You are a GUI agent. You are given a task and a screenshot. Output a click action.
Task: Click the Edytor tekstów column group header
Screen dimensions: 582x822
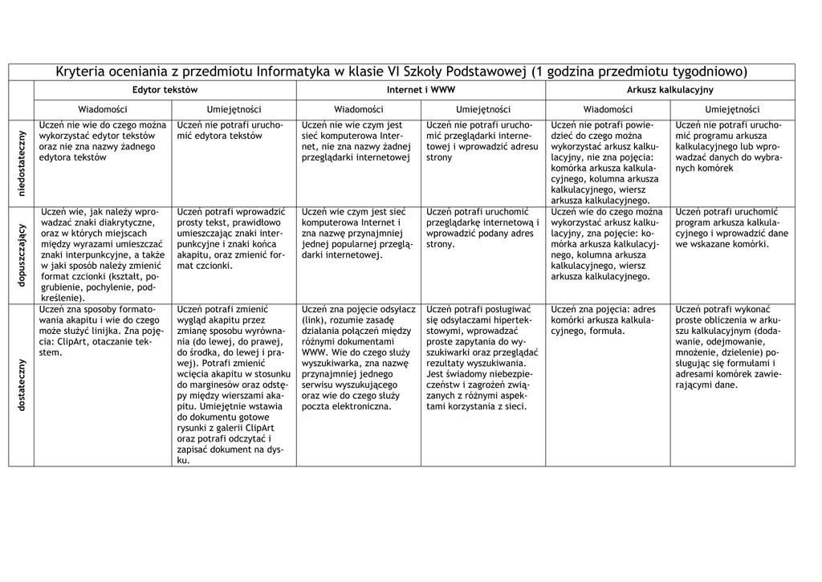pyautogui.click(x=165, y=90)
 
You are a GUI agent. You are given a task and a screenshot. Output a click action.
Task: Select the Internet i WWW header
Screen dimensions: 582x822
pyautogui.click(x=421, y=90)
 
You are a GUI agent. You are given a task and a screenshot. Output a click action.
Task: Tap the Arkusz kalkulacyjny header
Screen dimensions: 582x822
pyautogui.click(x=670, y=90)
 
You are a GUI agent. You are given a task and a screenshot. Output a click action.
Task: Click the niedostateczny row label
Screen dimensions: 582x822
pyautogui.click(x=22, y=161)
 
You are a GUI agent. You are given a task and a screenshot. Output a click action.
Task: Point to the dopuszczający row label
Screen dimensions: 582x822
pyautogui.click(x=22, y=254)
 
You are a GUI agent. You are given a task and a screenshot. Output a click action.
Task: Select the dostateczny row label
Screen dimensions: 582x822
pyautogui.click(x=22, y=385)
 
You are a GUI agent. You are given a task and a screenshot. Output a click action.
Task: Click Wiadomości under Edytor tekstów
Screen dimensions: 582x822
pyautogui.click(x=103, y=109)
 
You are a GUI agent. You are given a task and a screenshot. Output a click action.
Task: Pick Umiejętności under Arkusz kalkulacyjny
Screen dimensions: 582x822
pyautogui.click(x=732, y=109)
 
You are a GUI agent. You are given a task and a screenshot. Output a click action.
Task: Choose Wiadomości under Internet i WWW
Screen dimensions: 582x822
pyautogui.click(x=359, y=109)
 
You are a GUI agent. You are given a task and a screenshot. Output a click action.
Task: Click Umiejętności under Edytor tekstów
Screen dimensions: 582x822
pyautogui.click(x=234, y=109)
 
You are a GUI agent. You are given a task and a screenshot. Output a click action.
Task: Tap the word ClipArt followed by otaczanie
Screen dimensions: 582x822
pyautogui.click(x=73, y=341)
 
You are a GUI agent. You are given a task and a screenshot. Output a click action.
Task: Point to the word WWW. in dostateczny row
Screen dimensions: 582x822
pyautogui.click(x=314, y=352)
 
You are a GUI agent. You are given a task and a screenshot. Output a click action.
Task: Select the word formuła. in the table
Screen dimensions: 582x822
pyautogui.click(x=607, y=331)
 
